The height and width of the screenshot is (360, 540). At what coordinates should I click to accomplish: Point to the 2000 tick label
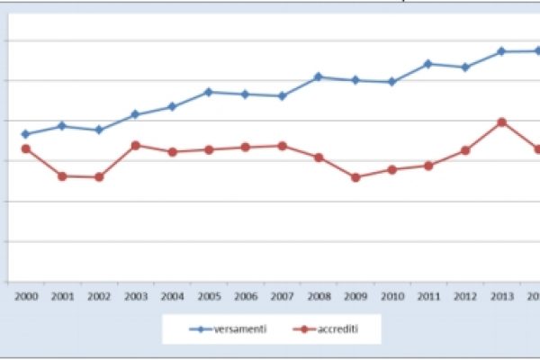(x=25, y=295)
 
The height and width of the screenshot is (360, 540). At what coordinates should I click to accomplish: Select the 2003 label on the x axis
(x=135, y=295)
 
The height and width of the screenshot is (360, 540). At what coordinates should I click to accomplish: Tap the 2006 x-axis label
(x=245, y=295)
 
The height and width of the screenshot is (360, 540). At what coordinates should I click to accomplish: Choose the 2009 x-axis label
(x=355, y=295)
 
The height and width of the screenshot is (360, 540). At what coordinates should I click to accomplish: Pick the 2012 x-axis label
(x=465, y=295)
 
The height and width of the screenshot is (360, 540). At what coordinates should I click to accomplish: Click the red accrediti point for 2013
(x=502, y=121)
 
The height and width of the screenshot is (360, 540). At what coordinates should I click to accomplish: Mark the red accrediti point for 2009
(x=355, y=177)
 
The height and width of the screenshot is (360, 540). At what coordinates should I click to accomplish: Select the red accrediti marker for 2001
(x=62, y=176)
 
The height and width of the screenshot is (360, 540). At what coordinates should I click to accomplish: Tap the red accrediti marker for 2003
(x=135, y=145)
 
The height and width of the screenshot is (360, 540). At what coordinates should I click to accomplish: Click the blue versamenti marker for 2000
(x=25, y=134)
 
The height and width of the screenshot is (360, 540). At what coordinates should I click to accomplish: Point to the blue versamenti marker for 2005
(x=209, y=92)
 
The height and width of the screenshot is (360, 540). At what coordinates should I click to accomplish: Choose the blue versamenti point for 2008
(x=319, y=76)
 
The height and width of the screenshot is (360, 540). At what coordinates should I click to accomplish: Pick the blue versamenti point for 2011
(x=428, y=64)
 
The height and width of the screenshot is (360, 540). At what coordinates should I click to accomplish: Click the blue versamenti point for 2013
(x=502, y=51)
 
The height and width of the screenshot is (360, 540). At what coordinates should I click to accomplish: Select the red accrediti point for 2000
(x=25, y=148)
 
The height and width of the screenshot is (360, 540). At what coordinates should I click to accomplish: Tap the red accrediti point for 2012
(x=465, y=150)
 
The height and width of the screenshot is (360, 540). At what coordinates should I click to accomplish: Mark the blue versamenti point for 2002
(x=99, y=130)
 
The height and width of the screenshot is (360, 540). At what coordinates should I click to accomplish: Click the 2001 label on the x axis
(x=62, y=295)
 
